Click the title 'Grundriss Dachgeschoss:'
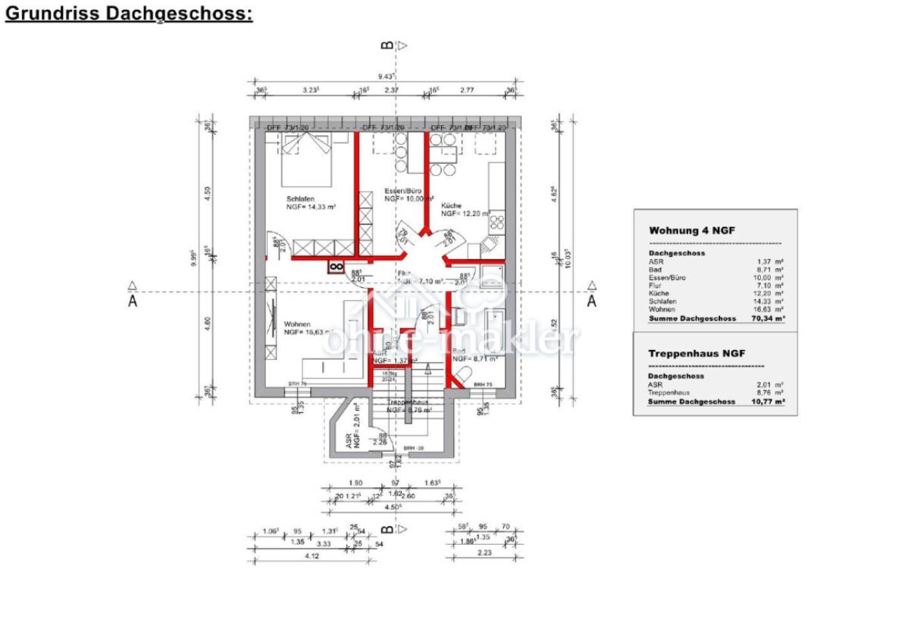pos(129,14)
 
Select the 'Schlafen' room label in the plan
pos(300,198)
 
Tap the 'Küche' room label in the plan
pos(452,205)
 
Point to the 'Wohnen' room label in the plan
pos(298,324)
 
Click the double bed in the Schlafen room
pos(306,161)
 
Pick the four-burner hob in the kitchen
pos(499,221)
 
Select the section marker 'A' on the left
pos(133,300)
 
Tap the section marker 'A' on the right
pos(592,300)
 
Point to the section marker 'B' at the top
pos(387,45)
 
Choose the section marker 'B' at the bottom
pos(387,528)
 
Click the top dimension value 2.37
pos(391,89)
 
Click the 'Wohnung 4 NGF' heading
pos(692,230)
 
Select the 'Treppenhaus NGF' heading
pos(697,353)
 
